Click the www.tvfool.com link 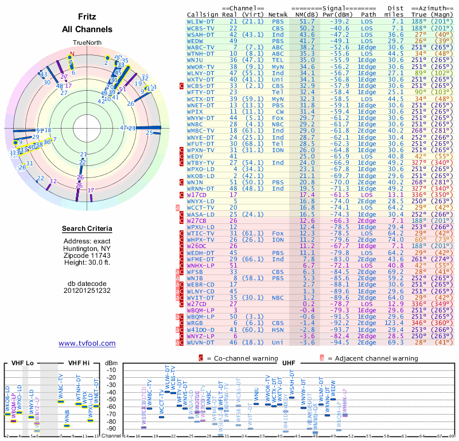(87, 343)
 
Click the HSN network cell (278, 330)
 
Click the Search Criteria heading (87, 229)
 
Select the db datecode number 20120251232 (87, 290)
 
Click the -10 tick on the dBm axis (111, 370)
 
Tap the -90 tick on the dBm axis (111, 428)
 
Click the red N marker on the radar (72, 55)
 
